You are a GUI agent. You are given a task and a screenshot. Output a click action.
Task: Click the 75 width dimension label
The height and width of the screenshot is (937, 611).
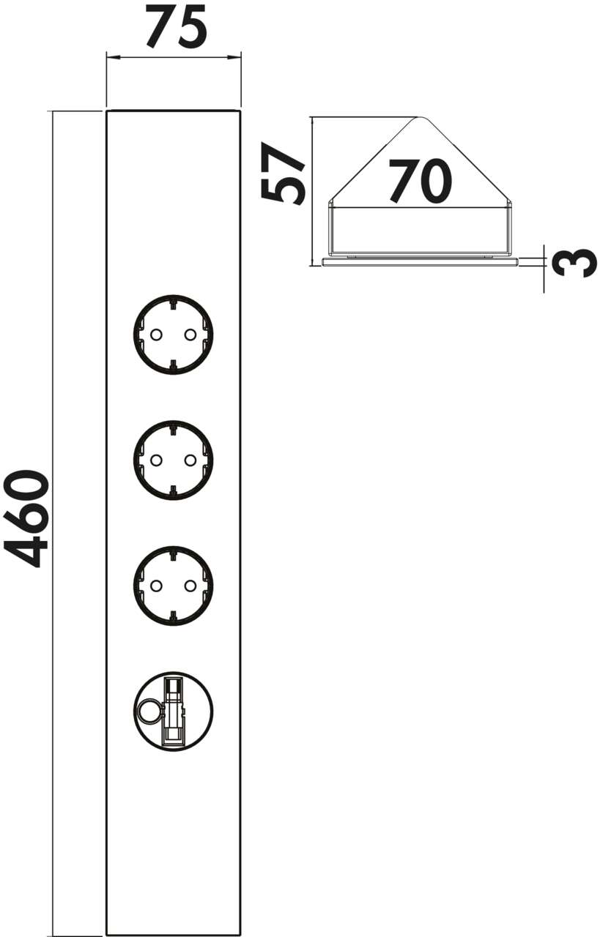tap(176, 27)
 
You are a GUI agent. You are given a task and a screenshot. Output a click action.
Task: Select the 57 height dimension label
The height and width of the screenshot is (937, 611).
tap(281, 173)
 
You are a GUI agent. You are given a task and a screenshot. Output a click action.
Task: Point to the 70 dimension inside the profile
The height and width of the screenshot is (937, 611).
tap(420, 181)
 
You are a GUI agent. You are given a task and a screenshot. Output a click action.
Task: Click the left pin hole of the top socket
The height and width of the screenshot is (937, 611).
tap(155, 335)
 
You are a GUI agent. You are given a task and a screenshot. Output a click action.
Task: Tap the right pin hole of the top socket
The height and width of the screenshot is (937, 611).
tap(190, 335)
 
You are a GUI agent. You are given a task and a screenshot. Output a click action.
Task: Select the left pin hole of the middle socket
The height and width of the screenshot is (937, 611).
tap(155, 460)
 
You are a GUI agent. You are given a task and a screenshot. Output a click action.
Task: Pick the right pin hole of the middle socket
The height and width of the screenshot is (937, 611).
tap(190, 460)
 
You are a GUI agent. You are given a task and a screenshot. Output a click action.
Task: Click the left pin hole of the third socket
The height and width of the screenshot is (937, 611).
tap(155, 586)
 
